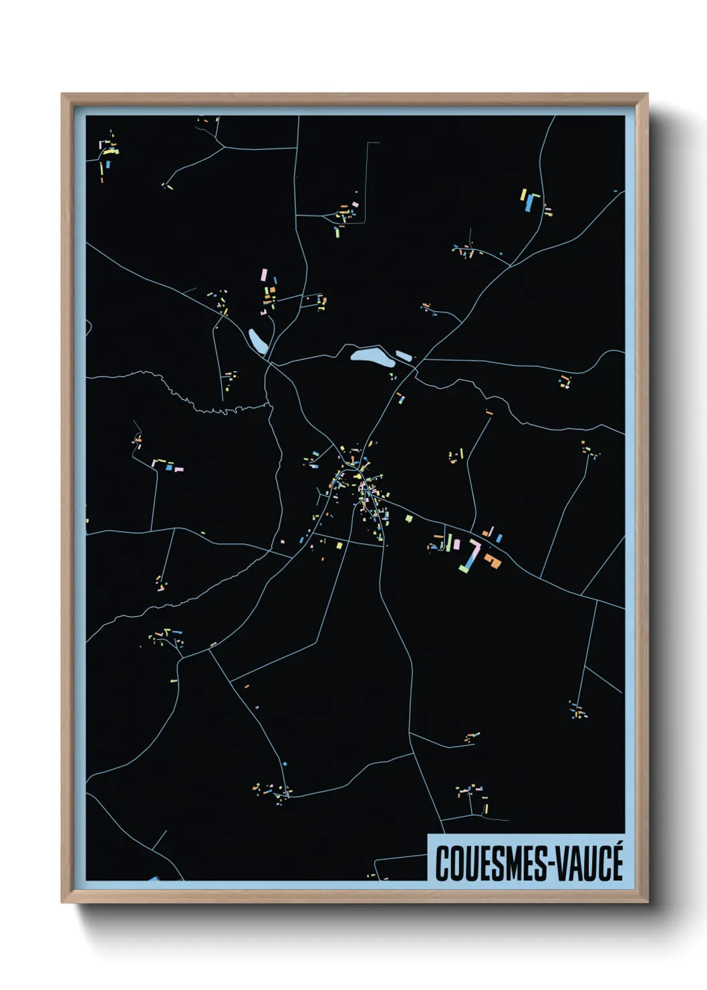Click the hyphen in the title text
[x=549, y=865]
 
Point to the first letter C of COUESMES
[x=442, y=864]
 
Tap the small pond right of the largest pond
[x=404, y=356]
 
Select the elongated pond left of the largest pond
[x=258, y=340]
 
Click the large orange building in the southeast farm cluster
[x=493, y=561]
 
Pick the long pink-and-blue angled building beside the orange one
[x=470, y=556]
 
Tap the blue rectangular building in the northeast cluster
[x=531, y=203]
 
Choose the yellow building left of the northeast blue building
[x=523, y=195]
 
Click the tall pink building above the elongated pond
[x=264, y=276]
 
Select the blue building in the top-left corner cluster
[x=108, y=163]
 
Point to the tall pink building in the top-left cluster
[x=100, y=144]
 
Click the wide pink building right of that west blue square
[x=179, y=468]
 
